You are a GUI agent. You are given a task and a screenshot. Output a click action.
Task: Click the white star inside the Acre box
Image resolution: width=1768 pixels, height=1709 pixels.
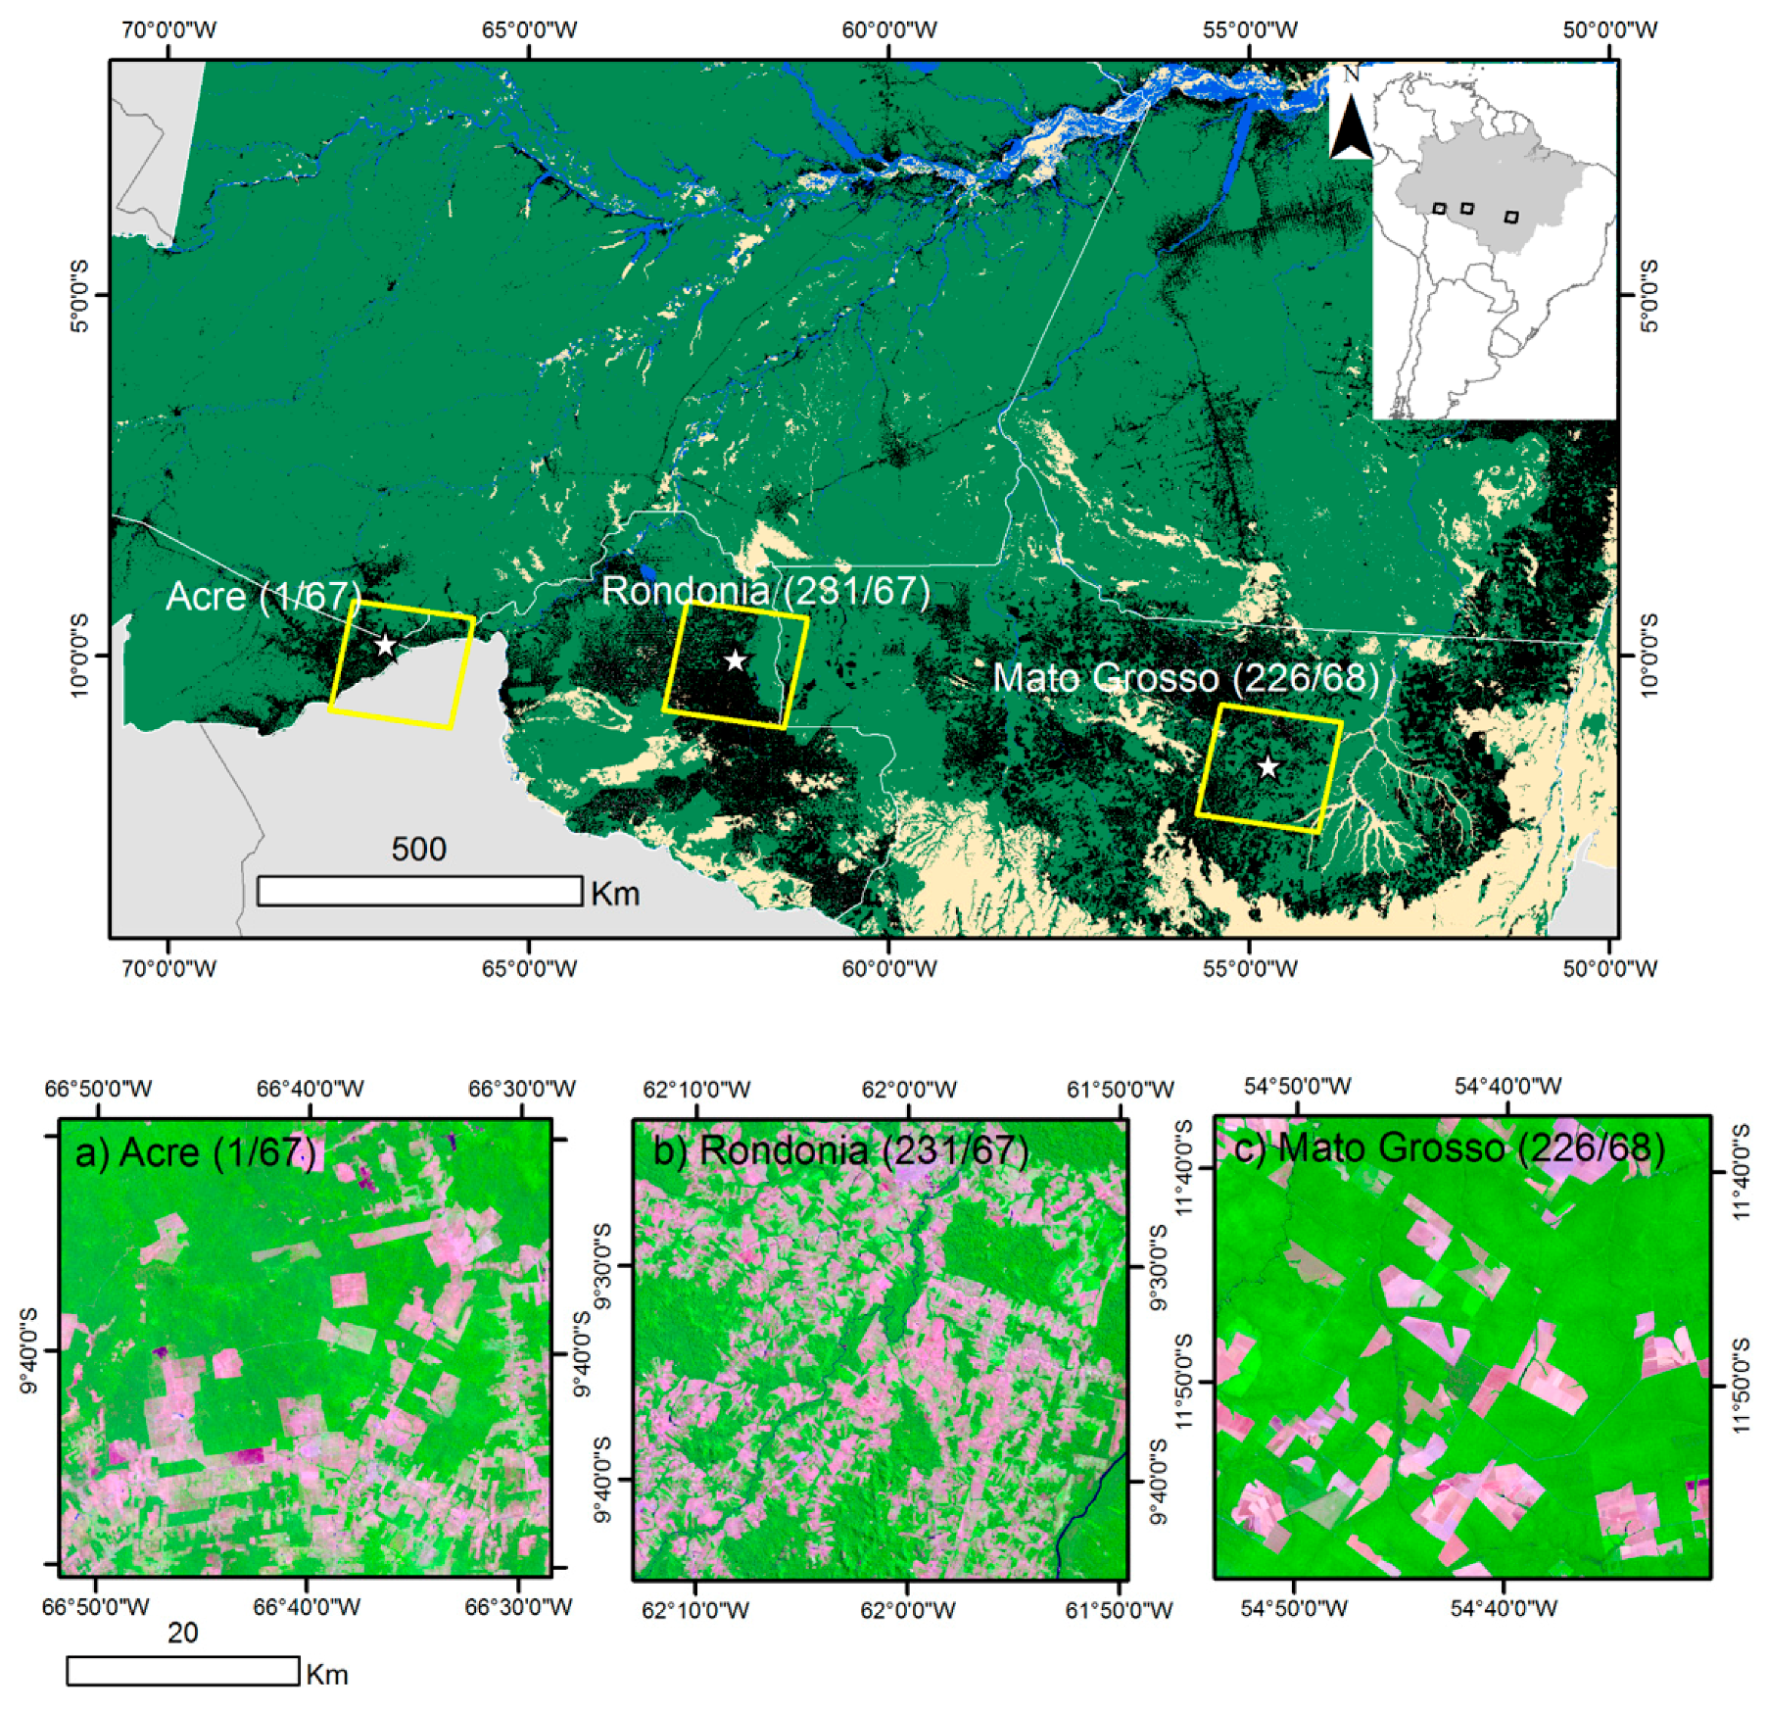pyautogui.click(x=386, y=645)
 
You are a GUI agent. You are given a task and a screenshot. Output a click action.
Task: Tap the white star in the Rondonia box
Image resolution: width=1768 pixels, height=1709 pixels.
pyautogui.click(x=735, y=660)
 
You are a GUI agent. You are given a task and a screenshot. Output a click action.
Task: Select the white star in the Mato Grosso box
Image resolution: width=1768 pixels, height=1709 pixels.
pyautogui.click(x=1267, y=767)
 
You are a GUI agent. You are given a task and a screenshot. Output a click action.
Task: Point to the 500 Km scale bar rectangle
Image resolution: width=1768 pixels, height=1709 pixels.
pyautogui.click(x=419, y=891)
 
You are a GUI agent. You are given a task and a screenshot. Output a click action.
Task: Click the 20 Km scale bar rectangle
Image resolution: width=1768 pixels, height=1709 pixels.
pyautogui.click(x=183, y=1671)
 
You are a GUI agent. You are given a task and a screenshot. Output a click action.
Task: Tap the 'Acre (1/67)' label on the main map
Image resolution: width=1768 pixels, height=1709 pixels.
pyautogui.click(x=263, y=596)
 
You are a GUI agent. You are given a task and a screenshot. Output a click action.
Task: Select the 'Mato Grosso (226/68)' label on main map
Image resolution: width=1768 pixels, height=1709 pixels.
pyautogui.click(x=1185, y=678)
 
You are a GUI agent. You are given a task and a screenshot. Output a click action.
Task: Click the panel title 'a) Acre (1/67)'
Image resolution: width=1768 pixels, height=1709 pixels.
pyautogui.click(x=196, y=1152)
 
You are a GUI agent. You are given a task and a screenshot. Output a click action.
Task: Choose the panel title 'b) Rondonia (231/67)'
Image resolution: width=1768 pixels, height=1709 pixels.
pyautogui.click(x=840, y=1150)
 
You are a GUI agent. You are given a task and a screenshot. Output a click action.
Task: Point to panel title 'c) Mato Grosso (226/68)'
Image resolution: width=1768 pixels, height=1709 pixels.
pyautogui.click(x=1450, y=1147)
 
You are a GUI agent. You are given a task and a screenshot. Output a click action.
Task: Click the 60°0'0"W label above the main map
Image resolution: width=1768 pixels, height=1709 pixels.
pyautogui.click(x=889, y=29)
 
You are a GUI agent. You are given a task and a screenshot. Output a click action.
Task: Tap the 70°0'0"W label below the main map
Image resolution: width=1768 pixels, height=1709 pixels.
pyautogui.click(x=168, y=968)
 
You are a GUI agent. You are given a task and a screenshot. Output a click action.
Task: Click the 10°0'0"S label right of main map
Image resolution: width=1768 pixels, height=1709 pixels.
pyautogui.click(x=1649, y=655)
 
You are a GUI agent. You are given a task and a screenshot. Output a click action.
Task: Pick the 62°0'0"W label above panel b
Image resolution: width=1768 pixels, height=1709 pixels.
pyautogui.click(x=909, y=1089)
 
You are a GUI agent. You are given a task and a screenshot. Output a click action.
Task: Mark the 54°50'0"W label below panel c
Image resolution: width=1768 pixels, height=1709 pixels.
pyautogui.click(x=1294, y=1608)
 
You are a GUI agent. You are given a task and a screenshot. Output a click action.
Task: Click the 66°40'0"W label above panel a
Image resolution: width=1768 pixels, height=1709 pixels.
pyautogui.click(x=310, y=1089)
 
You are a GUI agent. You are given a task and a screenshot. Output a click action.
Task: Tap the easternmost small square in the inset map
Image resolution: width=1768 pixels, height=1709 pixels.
pyautogui.click(x=1511, y=217)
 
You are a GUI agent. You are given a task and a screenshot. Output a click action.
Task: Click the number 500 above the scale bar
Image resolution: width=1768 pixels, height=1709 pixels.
pyautogui.click(x=419, y=849)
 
